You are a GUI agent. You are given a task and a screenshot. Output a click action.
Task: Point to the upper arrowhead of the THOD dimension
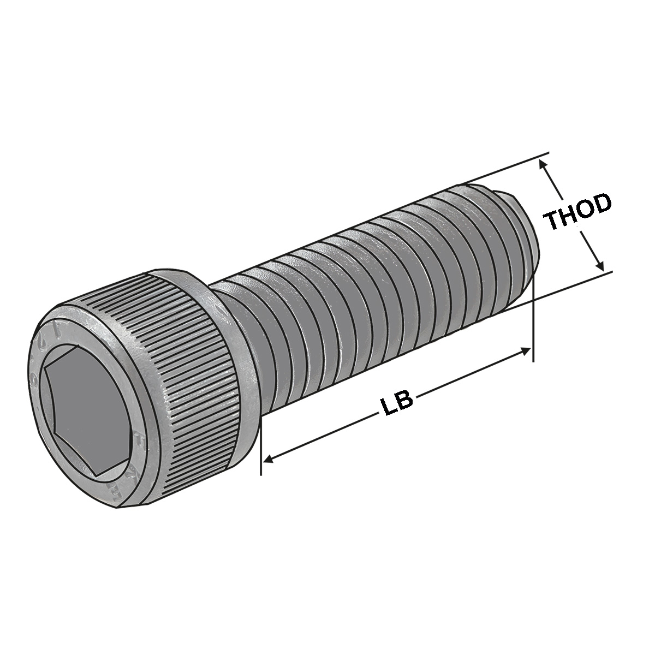543,163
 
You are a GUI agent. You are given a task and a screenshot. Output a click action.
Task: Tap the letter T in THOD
554,222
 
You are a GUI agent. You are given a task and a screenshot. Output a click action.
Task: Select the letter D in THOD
601,203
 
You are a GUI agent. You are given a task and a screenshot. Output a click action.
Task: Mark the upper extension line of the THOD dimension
502,169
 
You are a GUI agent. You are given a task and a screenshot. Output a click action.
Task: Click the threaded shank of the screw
371,295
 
